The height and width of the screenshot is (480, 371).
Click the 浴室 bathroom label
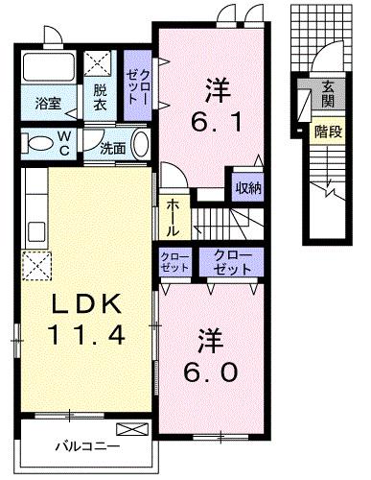coord(48,102)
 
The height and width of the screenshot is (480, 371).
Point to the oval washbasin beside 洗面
coord(141,146)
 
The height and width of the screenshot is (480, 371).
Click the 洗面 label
coord(112,148)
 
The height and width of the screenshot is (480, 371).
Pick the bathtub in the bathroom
coord(49,69)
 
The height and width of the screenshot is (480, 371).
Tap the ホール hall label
coord(171,217)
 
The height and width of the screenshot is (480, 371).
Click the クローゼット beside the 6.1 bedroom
coord(138,84)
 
